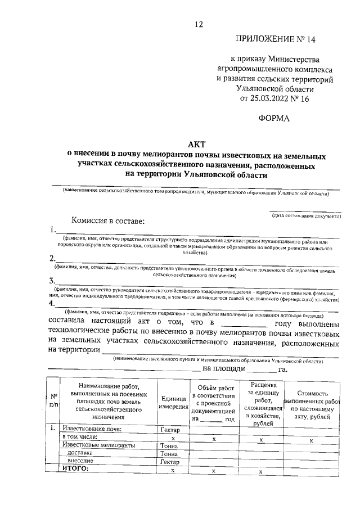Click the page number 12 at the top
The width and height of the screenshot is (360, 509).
pos(198,24)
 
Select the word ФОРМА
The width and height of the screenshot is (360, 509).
pos(274,118)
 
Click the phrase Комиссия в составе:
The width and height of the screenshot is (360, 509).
pos(108,222)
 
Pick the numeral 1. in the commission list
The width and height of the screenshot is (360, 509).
pos(53,230)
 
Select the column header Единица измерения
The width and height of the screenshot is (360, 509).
pos(173,402)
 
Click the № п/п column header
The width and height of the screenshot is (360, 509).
pos(53,400)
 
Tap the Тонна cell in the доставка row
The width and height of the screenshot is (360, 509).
pos(169,453)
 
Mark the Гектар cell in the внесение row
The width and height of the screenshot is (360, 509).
pos(169,461)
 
